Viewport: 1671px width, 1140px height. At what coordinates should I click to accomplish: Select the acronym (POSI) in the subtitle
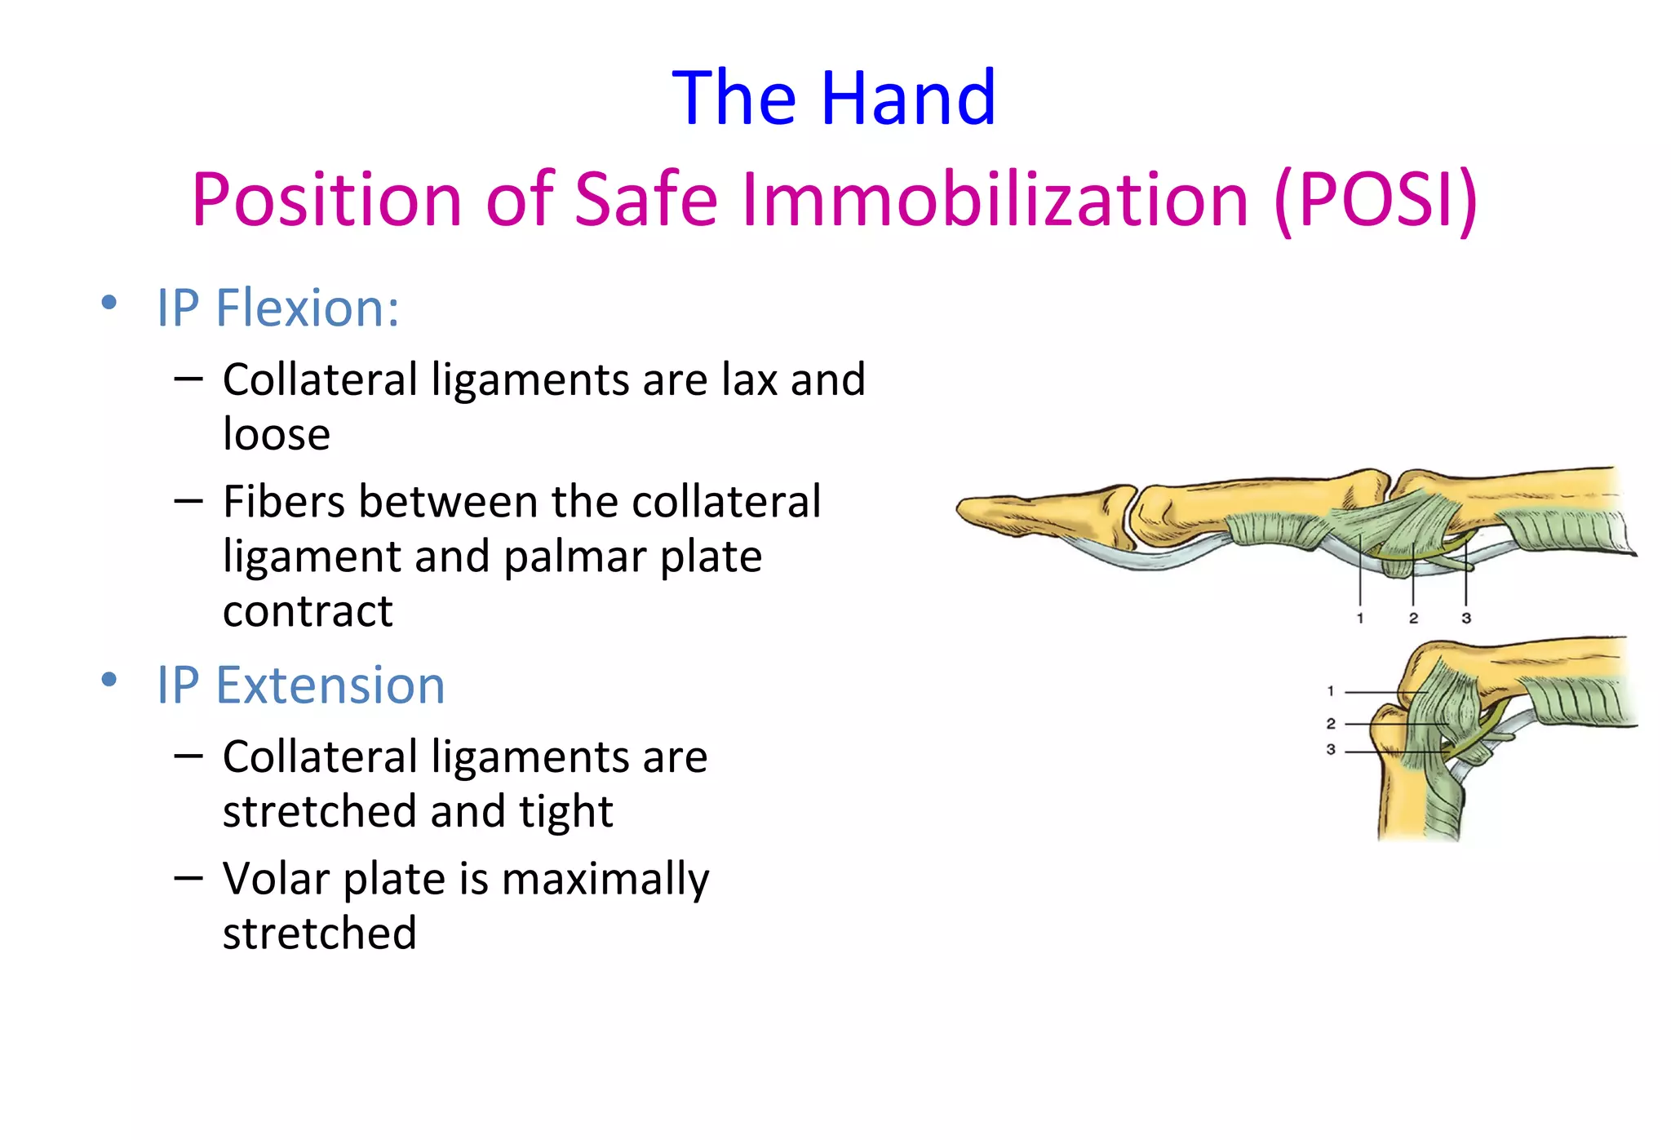click(x=1376, y=200)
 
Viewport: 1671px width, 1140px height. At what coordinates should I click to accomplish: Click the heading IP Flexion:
click(x=277, y=308)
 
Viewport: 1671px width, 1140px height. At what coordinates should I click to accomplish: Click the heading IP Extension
click(x=300, y=685)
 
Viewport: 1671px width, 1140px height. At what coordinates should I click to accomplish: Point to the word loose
click(x=276, y=434)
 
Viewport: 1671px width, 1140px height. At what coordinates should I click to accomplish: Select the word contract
click(x=308, y=611)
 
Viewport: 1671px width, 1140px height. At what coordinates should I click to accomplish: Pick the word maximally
click(x=605, y=879)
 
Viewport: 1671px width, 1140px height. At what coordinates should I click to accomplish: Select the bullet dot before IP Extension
click(x=109, y=680)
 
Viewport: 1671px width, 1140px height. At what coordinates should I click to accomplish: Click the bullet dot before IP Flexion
click(x=109, y=304)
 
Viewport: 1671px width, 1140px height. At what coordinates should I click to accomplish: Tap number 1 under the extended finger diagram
click(x=1360, y=619)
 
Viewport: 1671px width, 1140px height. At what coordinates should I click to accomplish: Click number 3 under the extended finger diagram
click(x=1466, y=619)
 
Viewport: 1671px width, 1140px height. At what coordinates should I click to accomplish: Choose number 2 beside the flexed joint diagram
click(x=1331, y=724)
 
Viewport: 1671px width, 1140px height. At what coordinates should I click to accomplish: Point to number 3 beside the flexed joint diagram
click(x=1331, y=749)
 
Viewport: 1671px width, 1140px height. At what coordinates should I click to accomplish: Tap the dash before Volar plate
click(x=188, y=878)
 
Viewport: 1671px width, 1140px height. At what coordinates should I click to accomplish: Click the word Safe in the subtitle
click(x=645, y=200)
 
